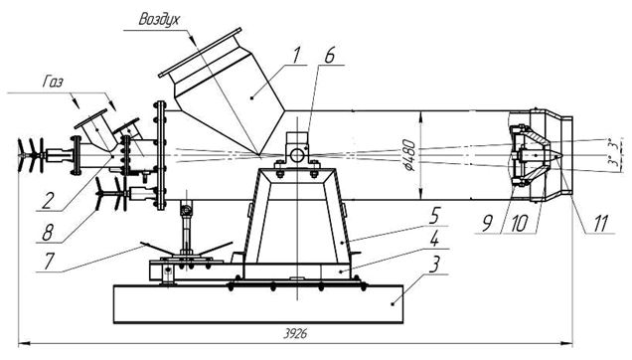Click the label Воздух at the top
(x=159, y=19)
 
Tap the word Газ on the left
(x=53, y=83)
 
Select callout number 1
(x=296, y=55)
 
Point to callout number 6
(x=329, y=56)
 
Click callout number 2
(x=48, y=201)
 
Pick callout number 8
(x=48, y=233)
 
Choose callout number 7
(x=49, y=262)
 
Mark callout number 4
(x=434, y=240)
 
